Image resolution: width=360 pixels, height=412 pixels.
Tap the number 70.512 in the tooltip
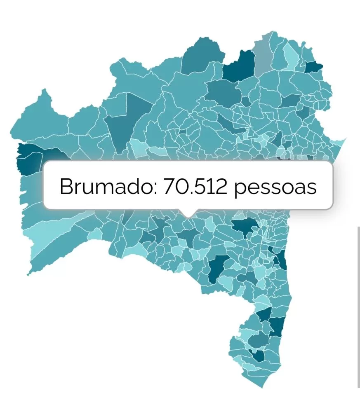[x=195, y=187]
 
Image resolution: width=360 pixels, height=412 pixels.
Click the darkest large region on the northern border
[x=239, y=66]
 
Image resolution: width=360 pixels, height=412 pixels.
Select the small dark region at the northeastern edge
[x=314, y=66]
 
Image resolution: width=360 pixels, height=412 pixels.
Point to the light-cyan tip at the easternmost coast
[x=340, y=144]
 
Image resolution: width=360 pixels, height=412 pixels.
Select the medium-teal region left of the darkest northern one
[x=202, y=58]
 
